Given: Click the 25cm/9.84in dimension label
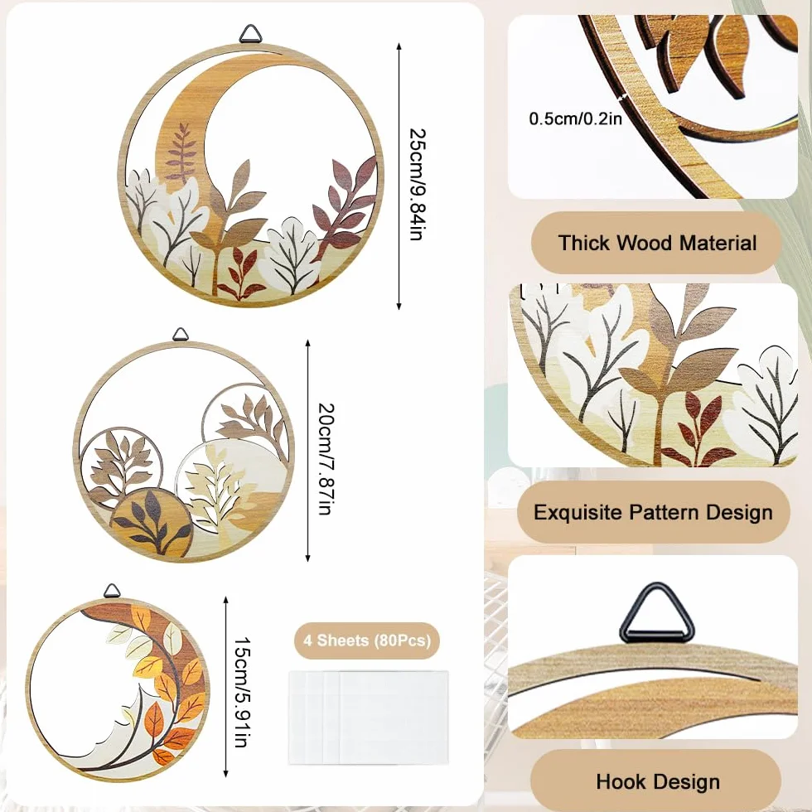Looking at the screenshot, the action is coord(418,184).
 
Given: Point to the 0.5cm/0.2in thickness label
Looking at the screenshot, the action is coord(575,118).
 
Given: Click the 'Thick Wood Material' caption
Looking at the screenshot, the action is coord(657,242).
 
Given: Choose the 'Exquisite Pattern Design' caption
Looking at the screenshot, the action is coord(654,512).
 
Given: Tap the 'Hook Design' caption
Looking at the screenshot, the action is coord(658,781).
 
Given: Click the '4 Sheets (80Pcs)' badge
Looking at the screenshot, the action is coord(367,640).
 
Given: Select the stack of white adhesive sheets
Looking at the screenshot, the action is coord(368,718).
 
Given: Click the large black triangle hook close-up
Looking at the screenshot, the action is coord(656,613).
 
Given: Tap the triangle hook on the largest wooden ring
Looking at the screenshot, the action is coord(250,33).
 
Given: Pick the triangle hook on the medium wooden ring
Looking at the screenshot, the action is coord(180,335).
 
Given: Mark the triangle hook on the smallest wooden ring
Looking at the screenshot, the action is coord(111,590).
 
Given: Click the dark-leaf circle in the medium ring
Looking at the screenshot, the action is coord(151,523).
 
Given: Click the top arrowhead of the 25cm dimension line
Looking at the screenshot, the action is coord(399,46).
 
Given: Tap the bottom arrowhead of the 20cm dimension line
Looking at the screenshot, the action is coord(307,557).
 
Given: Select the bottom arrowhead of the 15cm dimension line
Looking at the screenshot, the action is coord(225,773).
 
